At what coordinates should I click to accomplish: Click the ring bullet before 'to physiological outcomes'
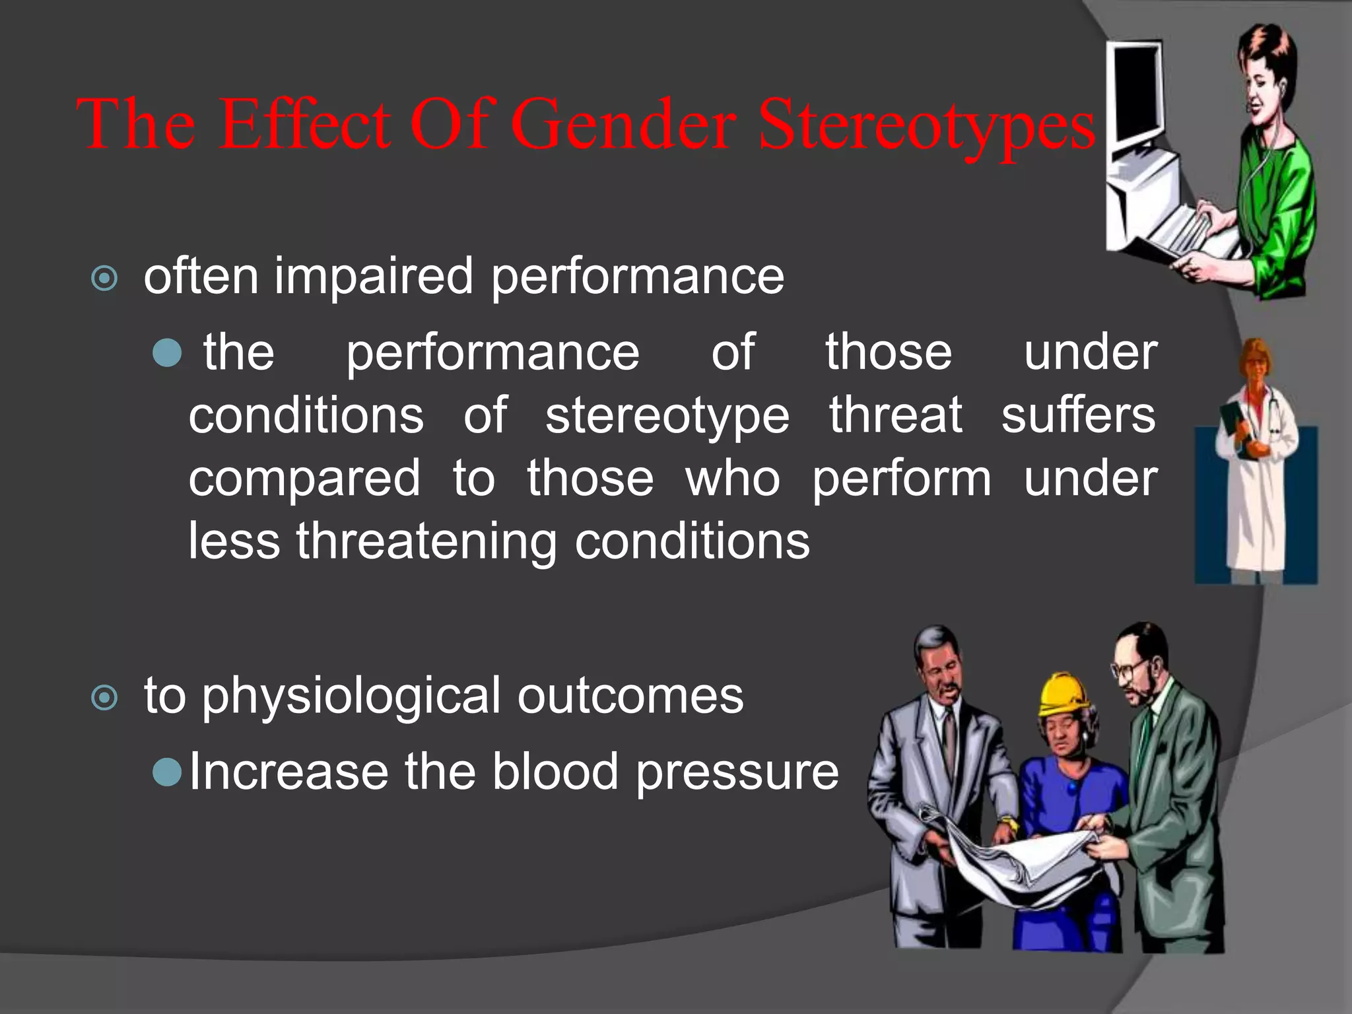click(104, 697)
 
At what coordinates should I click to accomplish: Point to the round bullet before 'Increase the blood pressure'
click(166, 772)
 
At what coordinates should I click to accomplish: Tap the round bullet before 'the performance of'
click(166, 353)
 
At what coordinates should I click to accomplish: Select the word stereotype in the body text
click(667, 417)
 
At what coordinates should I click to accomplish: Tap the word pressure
click(737, 772)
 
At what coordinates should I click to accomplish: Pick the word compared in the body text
click(304, 479)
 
